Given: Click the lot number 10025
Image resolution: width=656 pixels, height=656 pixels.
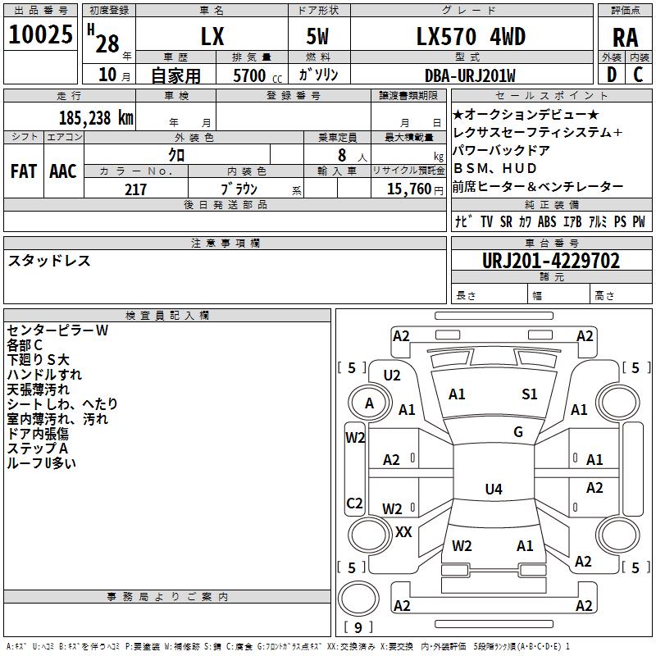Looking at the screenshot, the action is [40, 34].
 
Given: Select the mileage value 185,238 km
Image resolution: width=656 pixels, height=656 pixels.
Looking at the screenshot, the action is [96, 118].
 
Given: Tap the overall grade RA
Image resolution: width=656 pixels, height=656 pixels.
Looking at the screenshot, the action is [625, 38].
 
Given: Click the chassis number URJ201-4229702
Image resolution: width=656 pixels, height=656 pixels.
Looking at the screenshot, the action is [551, 261].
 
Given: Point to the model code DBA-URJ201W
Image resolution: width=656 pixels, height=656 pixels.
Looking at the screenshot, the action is [470, 75].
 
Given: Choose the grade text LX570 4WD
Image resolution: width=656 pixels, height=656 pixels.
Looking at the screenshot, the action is [471, 37].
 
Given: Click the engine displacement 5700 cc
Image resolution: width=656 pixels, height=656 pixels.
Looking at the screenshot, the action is [257, 75].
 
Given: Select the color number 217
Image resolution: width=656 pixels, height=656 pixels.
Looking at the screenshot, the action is [135, 189].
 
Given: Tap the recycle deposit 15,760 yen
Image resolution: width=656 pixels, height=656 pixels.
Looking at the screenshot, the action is [415, 189].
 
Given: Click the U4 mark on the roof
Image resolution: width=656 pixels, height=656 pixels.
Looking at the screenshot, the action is [494, 489].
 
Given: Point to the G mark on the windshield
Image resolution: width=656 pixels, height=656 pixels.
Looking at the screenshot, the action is [518, 432].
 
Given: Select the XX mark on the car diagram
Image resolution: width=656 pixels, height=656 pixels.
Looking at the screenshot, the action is [403, 532].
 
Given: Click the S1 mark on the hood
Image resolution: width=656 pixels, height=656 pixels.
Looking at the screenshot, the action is [529, 394].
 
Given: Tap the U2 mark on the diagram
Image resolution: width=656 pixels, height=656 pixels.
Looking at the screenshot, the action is [392, 376].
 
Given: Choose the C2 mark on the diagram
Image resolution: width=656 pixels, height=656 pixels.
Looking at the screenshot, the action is [354, 503].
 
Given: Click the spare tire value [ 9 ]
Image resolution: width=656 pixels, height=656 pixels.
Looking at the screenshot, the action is [358, 627].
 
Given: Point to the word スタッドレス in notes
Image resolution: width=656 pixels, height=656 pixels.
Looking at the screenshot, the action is [49, 261].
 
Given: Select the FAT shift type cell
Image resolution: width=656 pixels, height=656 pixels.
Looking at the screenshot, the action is [24, 171].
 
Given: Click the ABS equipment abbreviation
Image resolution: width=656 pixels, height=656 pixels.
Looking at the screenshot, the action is [547, 221].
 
